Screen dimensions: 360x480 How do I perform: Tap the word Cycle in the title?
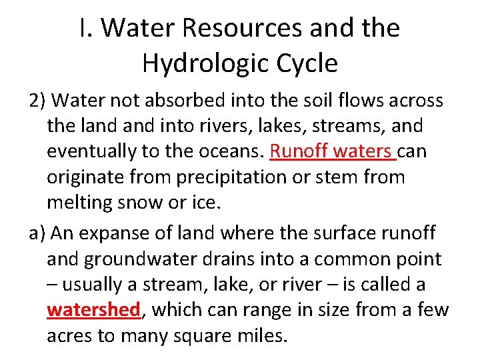(x=306, y=63)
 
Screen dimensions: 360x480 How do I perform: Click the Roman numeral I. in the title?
(x=84, y=28)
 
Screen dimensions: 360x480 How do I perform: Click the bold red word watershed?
(x=93, y=310)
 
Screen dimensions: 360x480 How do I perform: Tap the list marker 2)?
(x=38, y=100)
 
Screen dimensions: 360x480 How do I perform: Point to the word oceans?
(x=227, y=151)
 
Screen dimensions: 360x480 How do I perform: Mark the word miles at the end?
(x=263, y=335)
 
